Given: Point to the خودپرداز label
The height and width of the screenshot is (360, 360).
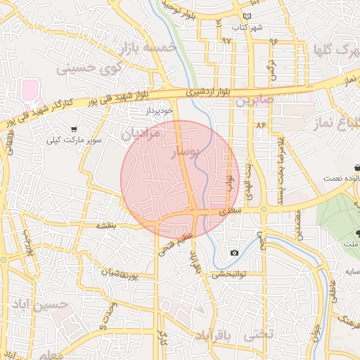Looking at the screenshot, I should coord(159,111).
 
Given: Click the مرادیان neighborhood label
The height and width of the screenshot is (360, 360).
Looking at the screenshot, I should coord(141,133).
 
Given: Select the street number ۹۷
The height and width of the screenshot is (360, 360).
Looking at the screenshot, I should coord(226,41).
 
